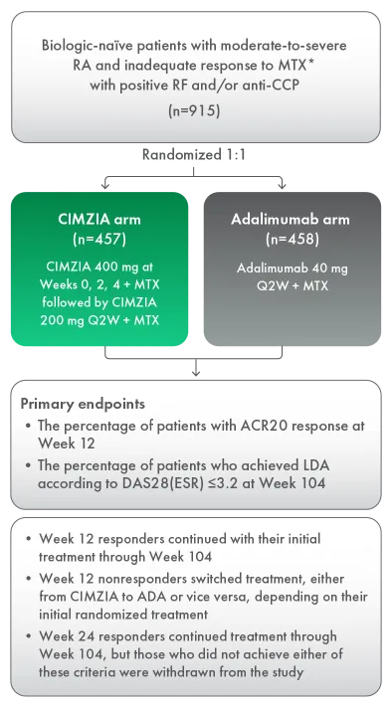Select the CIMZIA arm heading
[x=100, y=218]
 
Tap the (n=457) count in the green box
[x=100, y=239]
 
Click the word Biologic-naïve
[x=89, y=47]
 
